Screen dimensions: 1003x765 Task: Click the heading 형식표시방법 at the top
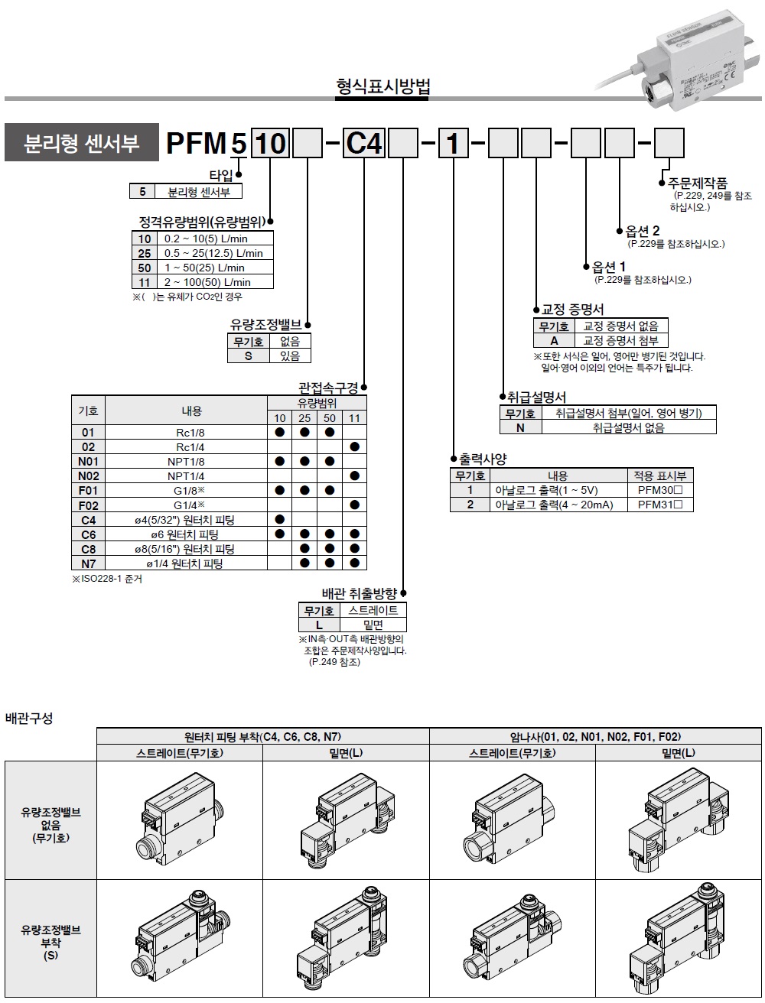pyautogui.click(x=382, y=86)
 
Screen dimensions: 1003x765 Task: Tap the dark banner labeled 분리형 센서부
pyautogui.click(x=82, y=143)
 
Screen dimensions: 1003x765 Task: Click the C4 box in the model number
pyautogui.click(x=363, y=143)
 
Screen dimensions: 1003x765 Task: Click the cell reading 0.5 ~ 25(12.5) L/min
pyautogui.click(x=213, y=253)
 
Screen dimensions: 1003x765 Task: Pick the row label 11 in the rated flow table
pyautogui.click(x=145, y=282)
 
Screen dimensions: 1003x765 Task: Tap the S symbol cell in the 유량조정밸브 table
pyautogui.click(x=248, y=355)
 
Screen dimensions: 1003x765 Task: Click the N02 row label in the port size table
pyautogui.click(x=89, y=476)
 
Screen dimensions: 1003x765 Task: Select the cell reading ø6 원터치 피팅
pyautogui.click(x=190, y=534)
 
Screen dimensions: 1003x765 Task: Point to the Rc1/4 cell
pyautogui.click(x=190, y=446)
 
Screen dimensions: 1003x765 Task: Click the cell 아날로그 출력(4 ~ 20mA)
pyautogui.click(x=553, y=505)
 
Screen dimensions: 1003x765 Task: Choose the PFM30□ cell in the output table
pyautogui.click(x=659, y=490)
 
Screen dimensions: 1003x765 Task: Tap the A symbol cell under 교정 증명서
pyautogui.click(x=555, y=341)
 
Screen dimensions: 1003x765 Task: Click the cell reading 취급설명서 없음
pyautogui.click(x=628, y=427)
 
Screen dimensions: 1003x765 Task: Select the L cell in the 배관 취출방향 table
pyautogui.click(x=319, y=625)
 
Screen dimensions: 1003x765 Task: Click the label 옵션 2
pyautogui.click(x=643, y=231)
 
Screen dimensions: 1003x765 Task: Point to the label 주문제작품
pyautogui.click(x=698, y=183)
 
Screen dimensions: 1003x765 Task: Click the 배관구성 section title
pyautogui.click(x=30, y=719)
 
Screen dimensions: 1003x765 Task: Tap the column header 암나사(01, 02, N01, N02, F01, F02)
pyautogui.click(x=595, y=737)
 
